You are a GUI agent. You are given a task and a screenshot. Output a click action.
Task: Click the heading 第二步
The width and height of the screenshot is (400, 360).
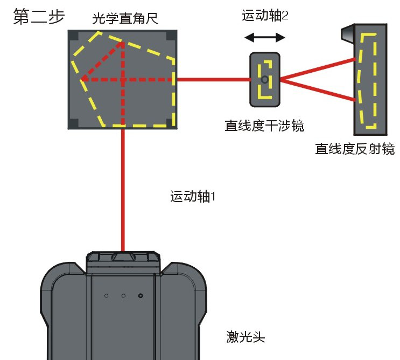(x=38, y=16)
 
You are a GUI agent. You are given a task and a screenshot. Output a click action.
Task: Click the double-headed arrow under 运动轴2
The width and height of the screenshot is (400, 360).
(x=264, y=38)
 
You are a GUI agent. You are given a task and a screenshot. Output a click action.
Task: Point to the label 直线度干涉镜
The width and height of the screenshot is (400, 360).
(x=264, y=126)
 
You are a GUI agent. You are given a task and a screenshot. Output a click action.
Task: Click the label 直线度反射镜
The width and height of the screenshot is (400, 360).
(x=355, y=149)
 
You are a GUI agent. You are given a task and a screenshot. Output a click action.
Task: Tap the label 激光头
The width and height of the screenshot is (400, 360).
(x=245, y=338)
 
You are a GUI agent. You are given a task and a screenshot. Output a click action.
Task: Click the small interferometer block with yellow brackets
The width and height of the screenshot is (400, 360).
(x=264, y=79)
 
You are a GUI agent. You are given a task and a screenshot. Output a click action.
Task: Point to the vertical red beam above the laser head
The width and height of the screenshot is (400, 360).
(x=124, y=189)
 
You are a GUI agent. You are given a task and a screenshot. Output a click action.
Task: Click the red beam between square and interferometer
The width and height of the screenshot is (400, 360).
(x=213, y=79)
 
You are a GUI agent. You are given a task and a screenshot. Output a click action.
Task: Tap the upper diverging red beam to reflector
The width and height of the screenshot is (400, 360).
(x=318, y=68)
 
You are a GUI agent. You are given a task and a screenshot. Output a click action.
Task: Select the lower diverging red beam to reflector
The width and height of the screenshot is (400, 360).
(x=318, y=89)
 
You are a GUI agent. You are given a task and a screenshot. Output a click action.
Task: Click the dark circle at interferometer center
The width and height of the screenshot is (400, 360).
(x=264, y=79)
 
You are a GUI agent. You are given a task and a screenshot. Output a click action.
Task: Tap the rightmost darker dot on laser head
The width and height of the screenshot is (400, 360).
(x=141, y=296)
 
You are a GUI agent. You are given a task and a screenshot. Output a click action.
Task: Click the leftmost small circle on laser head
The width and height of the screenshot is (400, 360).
(x=107, y=296)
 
